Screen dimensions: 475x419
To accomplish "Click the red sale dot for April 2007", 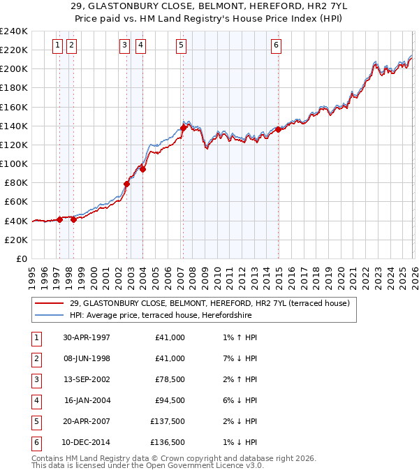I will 183,128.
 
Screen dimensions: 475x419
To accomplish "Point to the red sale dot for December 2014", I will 278,129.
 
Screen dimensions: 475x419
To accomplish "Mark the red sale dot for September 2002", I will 127,184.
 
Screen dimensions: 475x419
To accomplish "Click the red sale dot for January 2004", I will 142,169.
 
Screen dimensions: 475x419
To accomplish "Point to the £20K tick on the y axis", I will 16,240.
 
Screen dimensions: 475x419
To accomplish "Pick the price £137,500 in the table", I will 168,421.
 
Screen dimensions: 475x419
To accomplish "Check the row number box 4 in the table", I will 35,400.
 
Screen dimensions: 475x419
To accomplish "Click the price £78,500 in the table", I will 170,379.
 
